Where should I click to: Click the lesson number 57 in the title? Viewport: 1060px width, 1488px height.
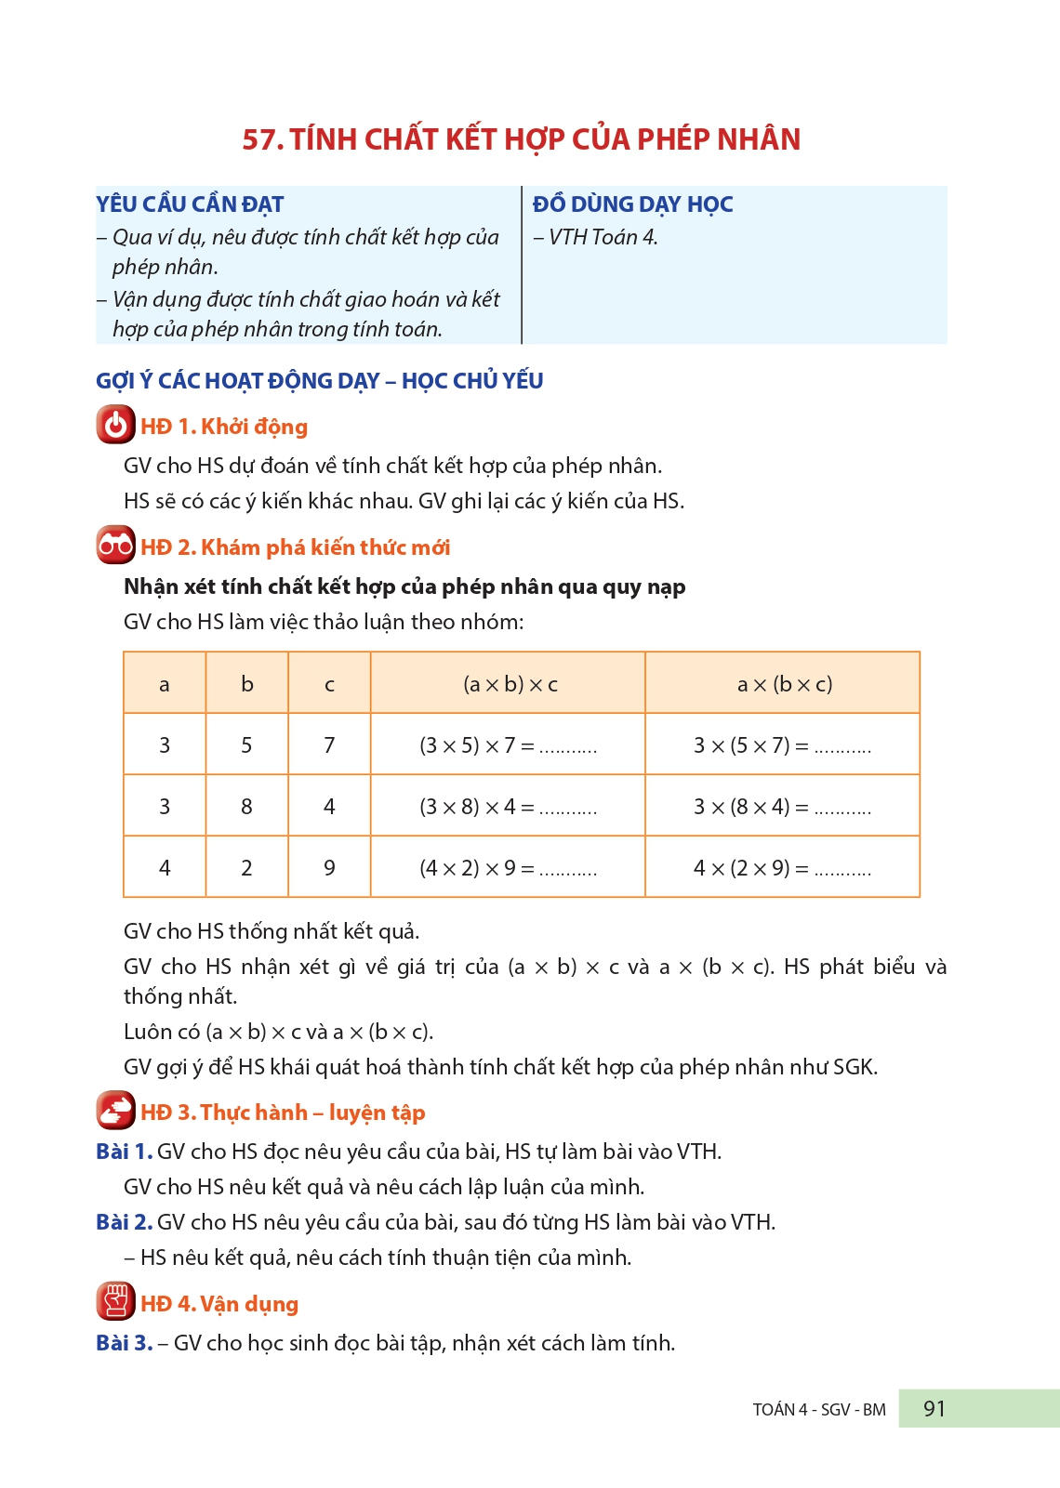[x=261, y=139]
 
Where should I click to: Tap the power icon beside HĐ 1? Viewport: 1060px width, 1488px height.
[x=115, y=426]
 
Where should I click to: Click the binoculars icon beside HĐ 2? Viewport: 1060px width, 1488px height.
[x=115, y=546]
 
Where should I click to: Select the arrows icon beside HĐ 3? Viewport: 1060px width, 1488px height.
[x=115, y=1111]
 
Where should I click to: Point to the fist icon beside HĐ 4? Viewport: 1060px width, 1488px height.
[x=115, y=1302]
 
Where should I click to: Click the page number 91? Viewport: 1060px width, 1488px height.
[x=934, y=1409]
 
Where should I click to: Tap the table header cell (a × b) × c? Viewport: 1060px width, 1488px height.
[x=510, y=685]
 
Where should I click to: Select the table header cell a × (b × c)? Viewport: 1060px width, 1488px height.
[x=784, y=685]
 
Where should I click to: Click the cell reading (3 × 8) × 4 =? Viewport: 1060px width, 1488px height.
[x=508, y=807]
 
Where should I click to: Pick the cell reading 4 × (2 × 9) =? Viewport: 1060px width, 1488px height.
[x=782, y=868]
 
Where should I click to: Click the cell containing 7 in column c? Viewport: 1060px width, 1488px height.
[x=329, y=745]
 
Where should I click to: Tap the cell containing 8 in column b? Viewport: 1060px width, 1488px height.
[x=246, y=807]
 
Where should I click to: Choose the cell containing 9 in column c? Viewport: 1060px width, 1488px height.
[x=329, y=868]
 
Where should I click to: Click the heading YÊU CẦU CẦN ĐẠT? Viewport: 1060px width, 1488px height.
[x=190, y=204]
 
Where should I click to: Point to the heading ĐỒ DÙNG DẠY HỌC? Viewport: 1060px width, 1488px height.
[x=632, y=204]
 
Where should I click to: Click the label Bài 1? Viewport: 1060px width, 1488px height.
[x=124, y=1152]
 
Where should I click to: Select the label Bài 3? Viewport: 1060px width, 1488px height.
[x=124, y=1343]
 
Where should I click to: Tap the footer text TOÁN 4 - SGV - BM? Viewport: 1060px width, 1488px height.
[x=818, y=1410]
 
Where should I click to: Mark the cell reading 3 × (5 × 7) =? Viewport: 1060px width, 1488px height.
[x=782, y=745]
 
